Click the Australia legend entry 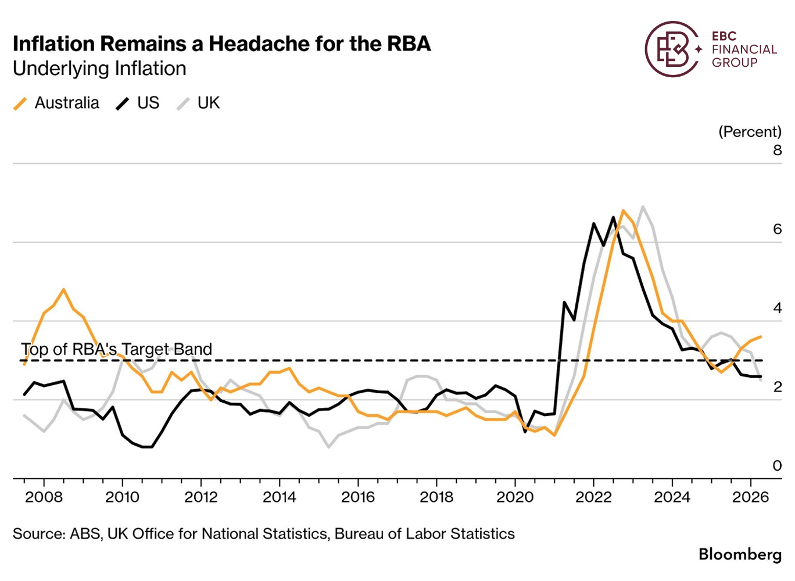(56, 103)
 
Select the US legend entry (138, 103)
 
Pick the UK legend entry (198, 103)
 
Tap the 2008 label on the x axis (44, 497)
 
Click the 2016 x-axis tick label (358, 497)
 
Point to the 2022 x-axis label (593, 497)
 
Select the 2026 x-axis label (751, 497)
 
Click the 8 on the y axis (777, 150)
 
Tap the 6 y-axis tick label (777, 229)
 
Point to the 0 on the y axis (777, 465)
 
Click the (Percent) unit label (750, 132)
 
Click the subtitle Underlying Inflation (100, 69)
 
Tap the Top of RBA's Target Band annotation (116, 349)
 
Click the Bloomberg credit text (740, 555)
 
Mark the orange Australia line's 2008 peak (63, 289)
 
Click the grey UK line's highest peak (642, 206)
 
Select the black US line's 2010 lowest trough (147, 447)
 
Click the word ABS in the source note (85, 534)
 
